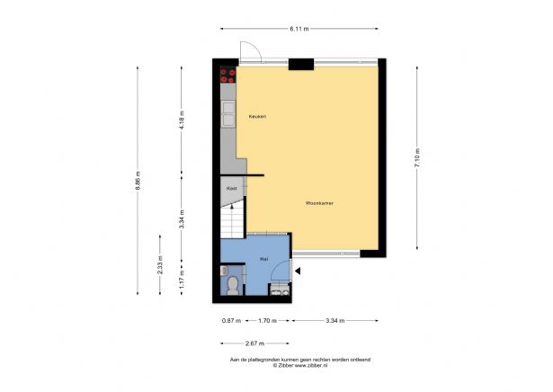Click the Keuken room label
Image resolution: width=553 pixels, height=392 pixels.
coord(257,117)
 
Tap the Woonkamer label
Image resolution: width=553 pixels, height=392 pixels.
coord(320,202)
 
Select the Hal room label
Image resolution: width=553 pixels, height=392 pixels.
coord(264,258)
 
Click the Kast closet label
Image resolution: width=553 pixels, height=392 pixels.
coord(231,189)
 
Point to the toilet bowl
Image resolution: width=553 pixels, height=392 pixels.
coord(233,285)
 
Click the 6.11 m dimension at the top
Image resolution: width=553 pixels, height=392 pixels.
coord(299,30)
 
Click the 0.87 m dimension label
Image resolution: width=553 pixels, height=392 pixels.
coord(229,321)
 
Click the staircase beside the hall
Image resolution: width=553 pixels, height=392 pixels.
coord(232,218)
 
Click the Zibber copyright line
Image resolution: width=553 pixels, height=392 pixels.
coord(299,365)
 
